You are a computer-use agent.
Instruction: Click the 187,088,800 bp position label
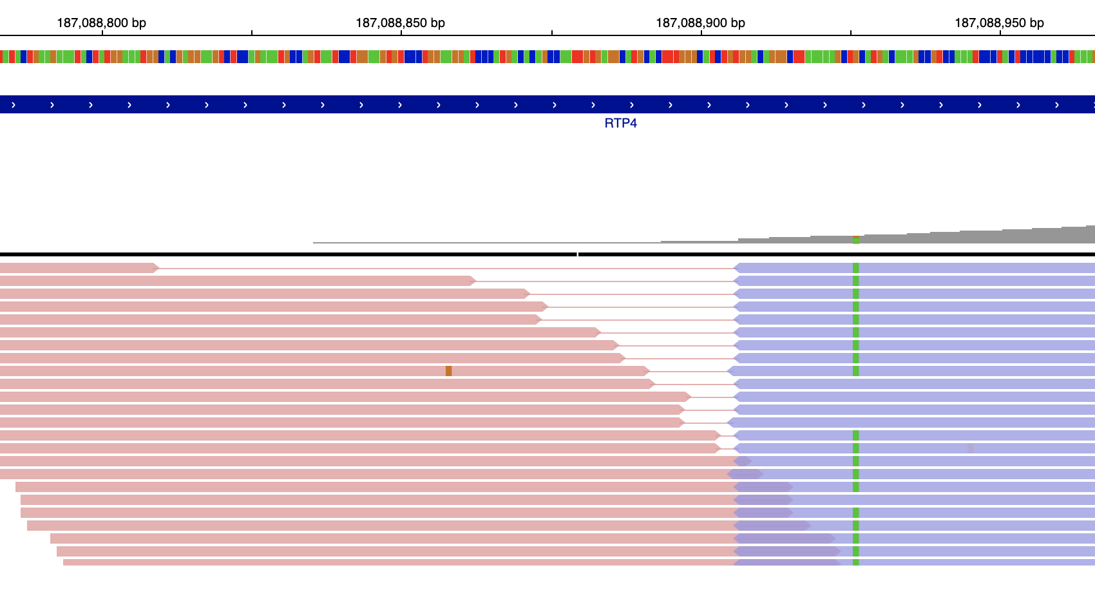101,23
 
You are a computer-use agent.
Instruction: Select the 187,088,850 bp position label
400,23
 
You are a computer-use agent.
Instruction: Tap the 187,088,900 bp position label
700,23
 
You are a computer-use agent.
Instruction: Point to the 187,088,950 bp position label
999,23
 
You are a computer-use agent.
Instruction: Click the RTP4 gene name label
620,123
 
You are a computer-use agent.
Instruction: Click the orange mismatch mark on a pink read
448,371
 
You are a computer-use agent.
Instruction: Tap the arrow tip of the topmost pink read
157,268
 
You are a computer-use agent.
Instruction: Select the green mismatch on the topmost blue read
855,268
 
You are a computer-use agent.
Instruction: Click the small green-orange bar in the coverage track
855,240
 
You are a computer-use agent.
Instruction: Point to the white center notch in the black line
578,254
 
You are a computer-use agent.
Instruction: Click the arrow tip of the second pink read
473,281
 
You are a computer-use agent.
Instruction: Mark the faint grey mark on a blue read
970,448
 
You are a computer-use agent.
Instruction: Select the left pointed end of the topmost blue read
735,268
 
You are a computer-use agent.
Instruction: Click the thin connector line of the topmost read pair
444,268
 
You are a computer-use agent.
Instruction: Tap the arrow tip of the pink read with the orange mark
648,371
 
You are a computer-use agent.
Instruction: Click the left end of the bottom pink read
64,562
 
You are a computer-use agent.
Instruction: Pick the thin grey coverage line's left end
314,243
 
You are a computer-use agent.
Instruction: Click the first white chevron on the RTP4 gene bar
14,104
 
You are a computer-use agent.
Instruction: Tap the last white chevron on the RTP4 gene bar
1056,104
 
